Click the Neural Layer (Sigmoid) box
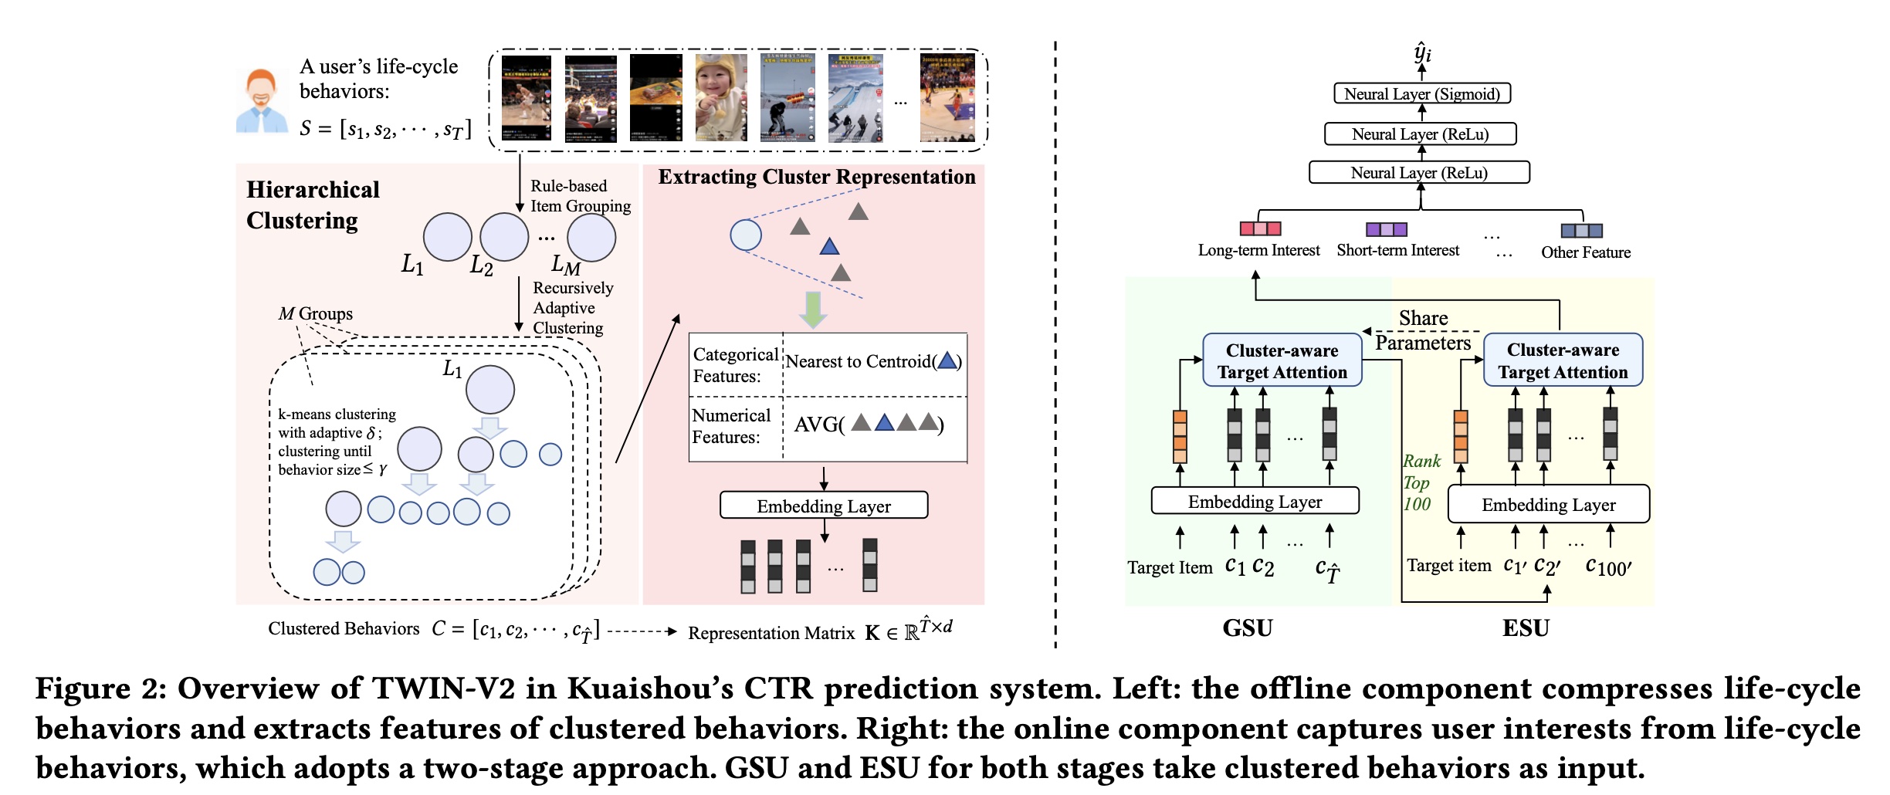click(1421, 94)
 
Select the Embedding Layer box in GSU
click(1255, 502)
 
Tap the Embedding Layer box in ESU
click(1548, 505)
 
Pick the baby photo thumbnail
click(720, 98)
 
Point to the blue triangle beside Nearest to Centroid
click(947, 360)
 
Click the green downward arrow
click(812, 309)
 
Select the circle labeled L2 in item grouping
click(504, 237)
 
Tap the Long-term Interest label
click(1258, 250)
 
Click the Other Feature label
click(1586, 252)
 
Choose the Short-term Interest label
click(1397, 250)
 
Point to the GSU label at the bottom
click(1247, 628)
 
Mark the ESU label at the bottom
click(1526, 628)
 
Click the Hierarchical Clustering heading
click(313, 205)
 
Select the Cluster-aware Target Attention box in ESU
click(1563, 360)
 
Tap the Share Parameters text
click(1423, 330)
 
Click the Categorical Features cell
click(735, 365)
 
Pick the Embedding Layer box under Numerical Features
click(824, 506)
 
